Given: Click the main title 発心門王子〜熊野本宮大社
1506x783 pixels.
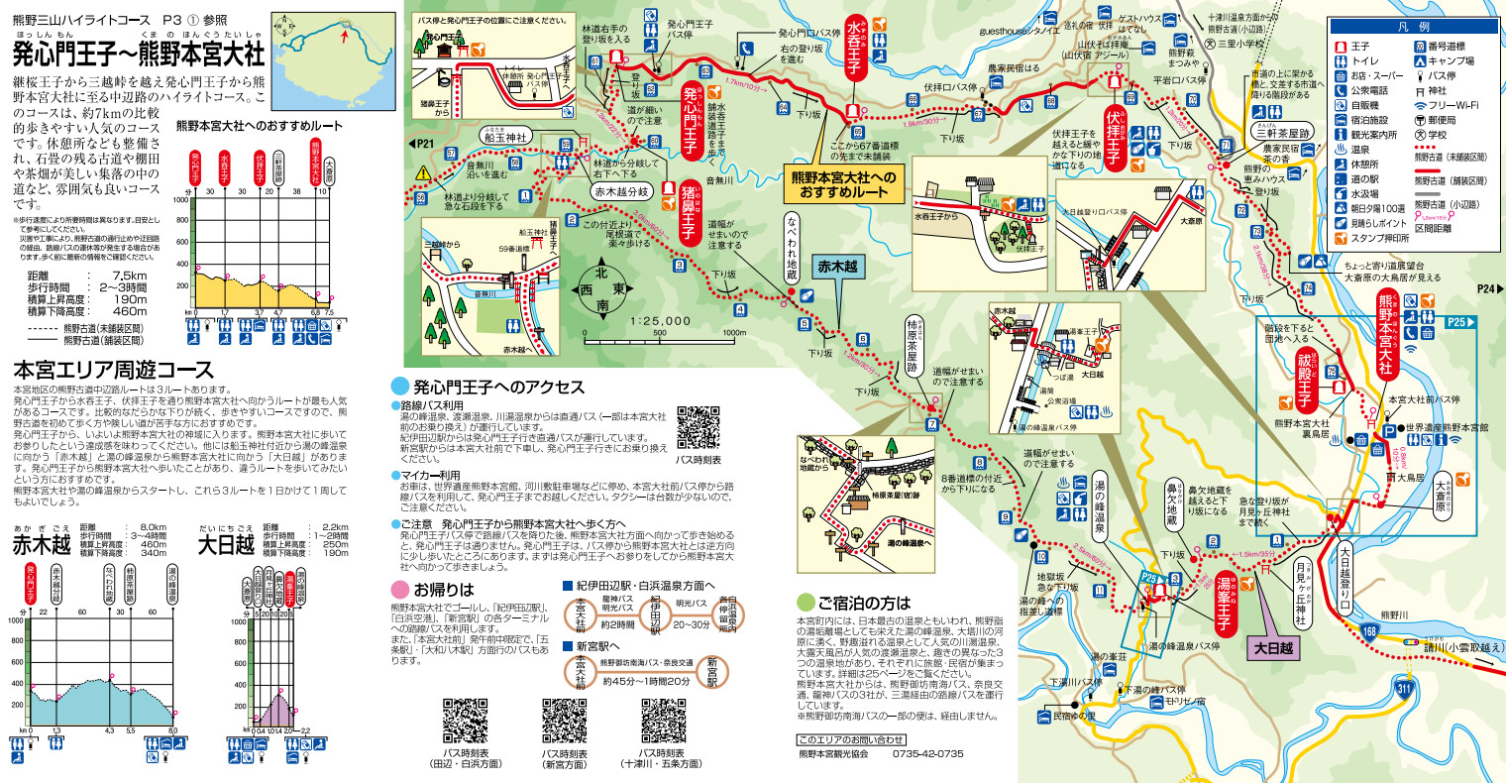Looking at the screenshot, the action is [x=140, y=52].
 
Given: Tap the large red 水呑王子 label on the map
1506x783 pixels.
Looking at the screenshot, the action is [x=855, y=57].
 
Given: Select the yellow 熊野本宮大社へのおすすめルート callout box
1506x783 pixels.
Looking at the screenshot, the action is [x=842, y=184].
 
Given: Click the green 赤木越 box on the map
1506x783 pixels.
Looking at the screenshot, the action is [x=837, y=266].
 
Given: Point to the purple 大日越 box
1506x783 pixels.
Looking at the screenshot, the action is [x=1273, y=647].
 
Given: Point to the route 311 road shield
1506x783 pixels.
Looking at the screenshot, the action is [x=1403, y=687].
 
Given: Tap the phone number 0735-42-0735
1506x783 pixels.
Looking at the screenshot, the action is [x=927, y=754].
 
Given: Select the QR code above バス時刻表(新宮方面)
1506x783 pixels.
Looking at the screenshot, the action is [x=565, y=721].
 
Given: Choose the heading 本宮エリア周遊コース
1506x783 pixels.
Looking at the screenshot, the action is [x=113, y=371].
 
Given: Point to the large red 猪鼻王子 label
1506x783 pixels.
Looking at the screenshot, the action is [x=689, y=210].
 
